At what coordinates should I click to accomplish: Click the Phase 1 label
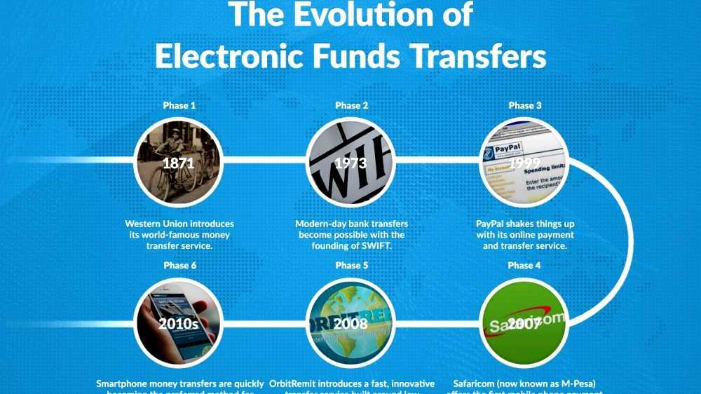click(x=179, y=105)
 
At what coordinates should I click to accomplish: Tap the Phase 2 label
click(x=352, y=105)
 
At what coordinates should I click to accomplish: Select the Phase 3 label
click(x=525, y=105)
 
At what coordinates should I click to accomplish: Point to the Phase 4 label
click(x=525, y=266)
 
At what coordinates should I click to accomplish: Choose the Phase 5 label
click(x=352, y=266)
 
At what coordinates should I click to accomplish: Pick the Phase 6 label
click(x=179, y=266)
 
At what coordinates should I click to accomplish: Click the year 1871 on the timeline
click(x=178, y=163)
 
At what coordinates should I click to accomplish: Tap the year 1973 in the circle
click(x=350, y=163)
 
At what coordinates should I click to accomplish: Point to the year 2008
click(x=350, y=324)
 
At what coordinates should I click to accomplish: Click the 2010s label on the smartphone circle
click(x=178, y=324)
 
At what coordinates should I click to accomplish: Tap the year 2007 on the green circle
click(x=524, y=324)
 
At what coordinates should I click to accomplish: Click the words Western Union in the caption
click(x=161, y=224)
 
